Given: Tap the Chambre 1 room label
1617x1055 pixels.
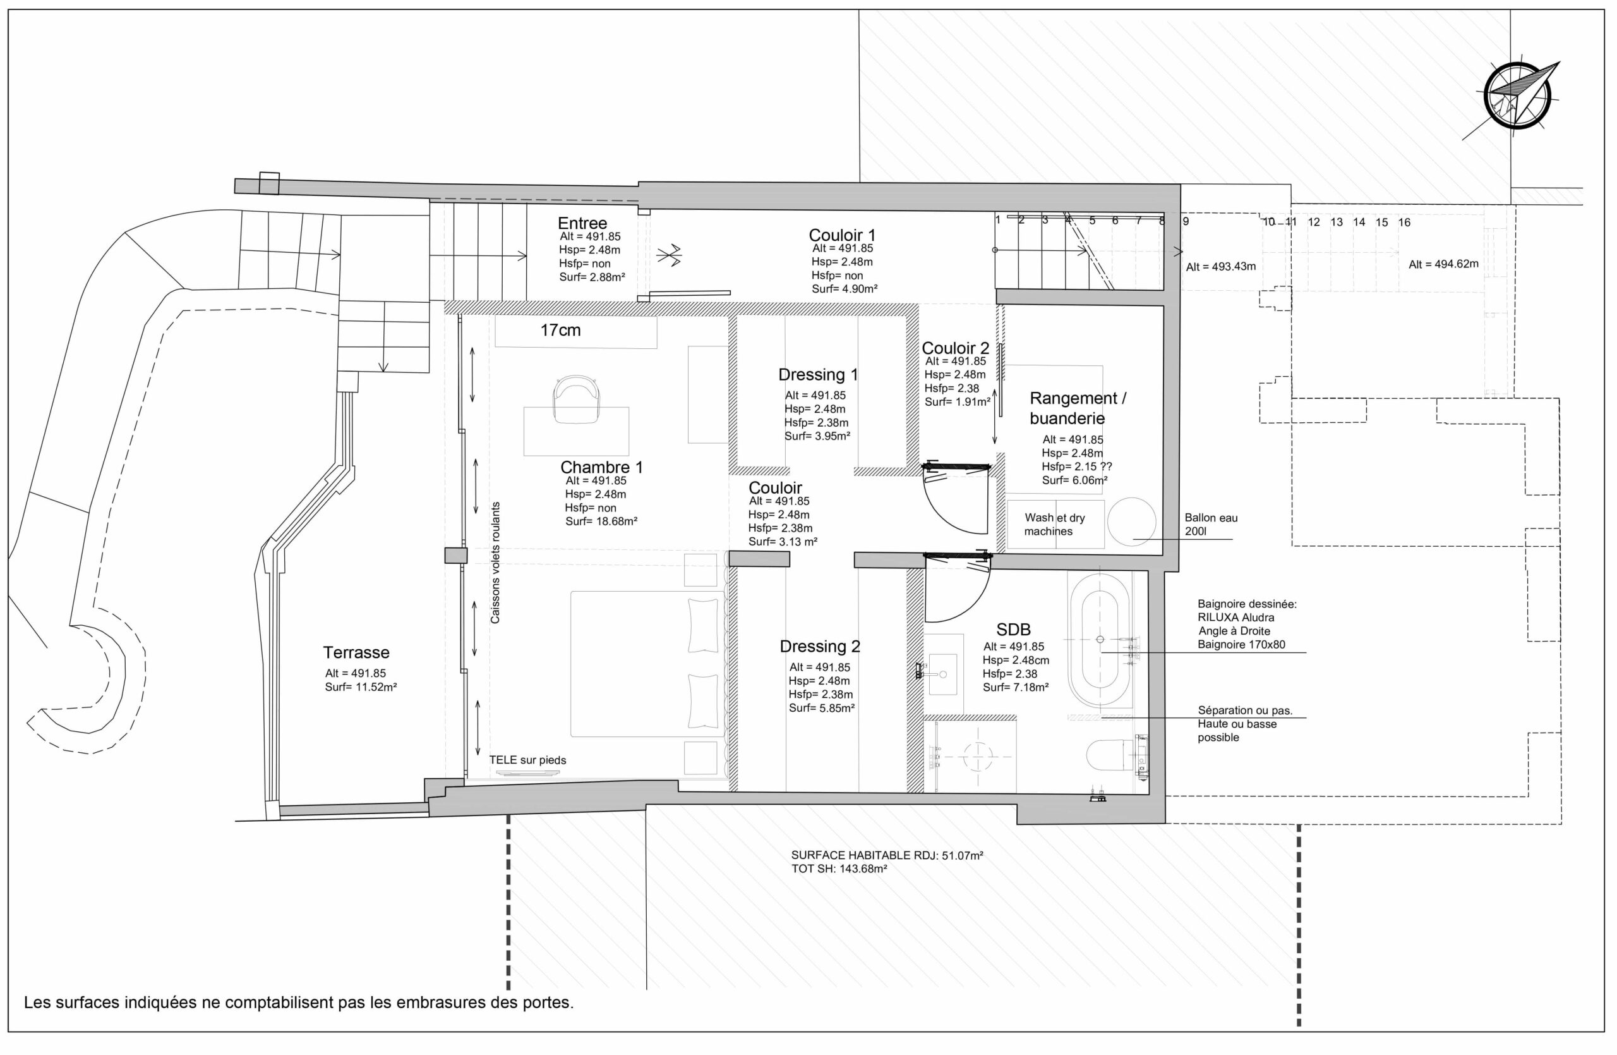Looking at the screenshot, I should point(601,467).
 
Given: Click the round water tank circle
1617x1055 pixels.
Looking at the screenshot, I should point(1131,522).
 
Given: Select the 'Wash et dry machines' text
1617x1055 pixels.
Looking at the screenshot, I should point(1054,524).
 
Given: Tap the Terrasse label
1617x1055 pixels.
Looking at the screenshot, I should point(356,652).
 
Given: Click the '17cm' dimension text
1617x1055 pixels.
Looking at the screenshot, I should point(560,331).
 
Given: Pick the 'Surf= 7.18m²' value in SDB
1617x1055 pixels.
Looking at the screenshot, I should point(1015,687).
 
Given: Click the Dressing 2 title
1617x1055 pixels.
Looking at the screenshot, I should point(819,647).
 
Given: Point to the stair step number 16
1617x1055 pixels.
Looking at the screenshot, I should point(1404,223).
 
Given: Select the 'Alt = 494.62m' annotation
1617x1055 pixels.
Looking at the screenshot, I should point(1443,264).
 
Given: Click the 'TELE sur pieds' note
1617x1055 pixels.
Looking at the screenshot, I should point(527,760).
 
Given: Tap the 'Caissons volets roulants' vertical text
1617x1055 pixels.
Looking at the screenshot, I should point(495,563).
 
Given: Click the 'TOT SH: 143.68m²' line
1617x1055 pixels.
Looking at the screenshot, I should point(838,869).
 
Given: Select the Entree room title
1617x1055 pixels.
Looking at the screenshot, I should point(582,223).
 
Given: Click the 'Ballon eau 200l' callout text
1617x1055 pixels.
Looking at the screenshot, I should point(1211,524).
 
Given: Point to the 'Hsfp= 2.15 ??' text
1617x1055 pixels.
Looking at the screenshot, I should point(1076,467).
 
